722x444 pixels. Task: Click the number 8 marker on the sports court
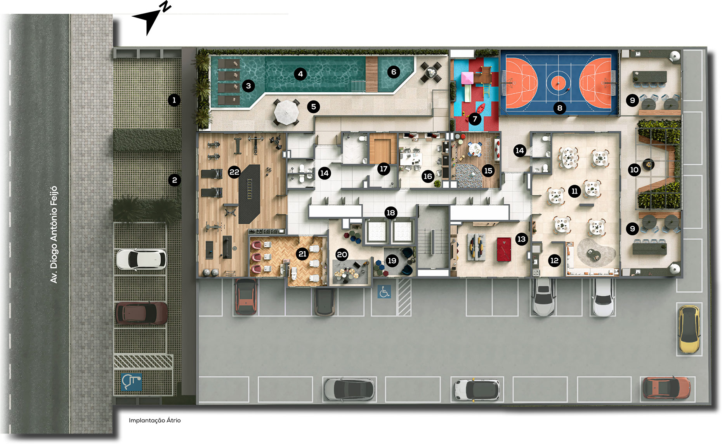[560, 108]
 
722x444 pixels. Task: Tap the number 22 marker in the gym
[234, 172]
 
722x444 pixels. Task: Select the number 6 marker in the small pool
[394, 72]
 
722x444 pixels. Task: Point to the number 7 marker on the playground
[475, 119]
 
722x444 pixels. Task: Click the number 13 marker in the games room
[521, 239]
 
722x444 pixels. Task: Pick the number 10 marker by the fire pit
[634, 170]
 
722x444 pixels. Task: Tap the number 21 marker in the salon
[302, 254]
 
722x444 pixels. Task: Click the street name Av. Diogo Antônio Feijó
[54, 234]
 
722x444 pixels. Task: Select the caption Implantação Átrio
[155, 420]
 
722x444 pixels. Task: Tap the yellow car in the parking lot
[689, 329]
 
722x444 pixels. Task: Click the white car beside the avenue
[141, 259]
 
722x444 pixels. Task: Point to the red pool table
[504, 249]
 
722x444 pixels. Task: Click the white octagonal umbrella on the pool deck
[286, 112]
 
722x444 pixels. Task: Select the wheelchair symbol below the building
[384, 292]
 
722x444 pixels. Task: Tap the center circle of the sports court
[559, 82]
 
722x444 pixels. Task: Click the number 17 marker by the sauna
[384, 169]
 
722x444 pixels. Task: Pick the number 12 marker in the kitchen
[554, 260]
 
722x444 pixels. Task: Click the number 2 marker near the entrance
[174, 180]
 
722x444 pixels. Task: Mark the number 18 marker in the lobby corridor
[391, 212]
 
